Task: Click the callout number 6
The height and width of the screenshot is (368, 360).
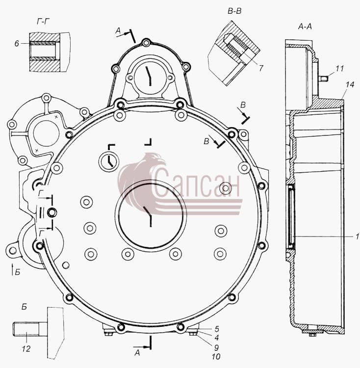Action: coord(17,44)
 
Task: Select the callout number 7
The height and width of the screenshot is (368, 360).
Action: coord(261,68)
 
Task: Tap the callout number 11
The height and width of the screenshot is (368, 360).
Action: coord(339,69)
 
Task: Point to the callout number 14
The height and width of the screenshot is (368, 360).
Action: coord(350,84)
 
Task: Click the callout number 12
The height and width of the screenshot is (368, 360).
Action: coord(26,349)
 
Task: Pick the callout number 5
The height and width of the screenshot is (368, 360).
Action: coord(217,329)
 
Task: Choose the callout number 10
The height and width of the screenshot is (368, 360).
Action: coord(216,357)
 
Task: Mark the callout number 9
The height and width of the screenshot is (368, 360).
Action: coord(216,347)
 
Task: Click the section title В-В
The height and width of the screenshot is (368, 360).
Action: coord(234,11)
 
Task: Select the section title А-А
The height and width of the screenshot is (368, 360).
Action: coord(305,27)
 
